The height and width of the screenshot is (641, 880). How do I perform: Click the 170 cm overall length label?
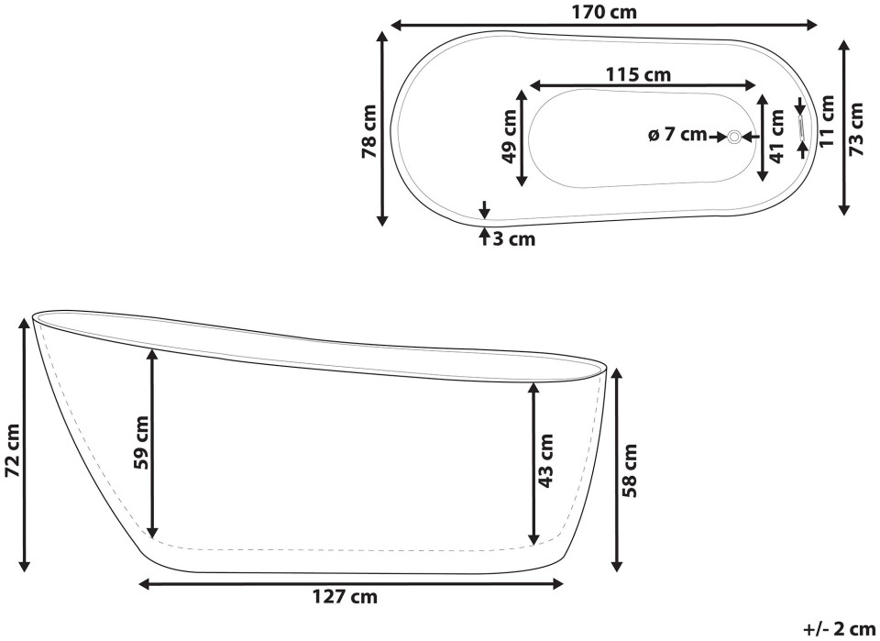[x=604, y=12]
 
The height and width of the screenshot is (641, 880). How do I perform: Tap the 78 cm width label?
[x=369, y=131]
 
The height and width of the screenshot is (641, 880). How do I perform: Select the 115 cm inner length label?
[x=638, y=73]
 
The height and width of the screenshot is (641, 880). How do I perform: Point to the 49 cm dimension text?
[x=509, y=137]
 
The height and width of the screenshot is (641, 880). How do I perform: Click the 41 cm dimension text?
[x=776, y=137]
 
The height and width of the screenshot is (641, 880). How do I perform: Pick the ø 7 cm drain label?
[x=677, y=135]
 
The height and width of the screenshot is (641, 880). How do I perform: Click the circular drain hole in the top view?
[x=734, y=136]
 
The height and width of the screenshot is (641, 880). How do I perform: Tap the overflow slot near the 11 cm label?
[x=801, y=127]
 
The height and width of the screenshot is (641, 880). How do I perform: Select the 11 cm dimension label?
[x=826, y=121]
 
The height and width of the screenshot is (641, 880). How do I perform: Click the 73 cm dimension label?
[x=856, y=129]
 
